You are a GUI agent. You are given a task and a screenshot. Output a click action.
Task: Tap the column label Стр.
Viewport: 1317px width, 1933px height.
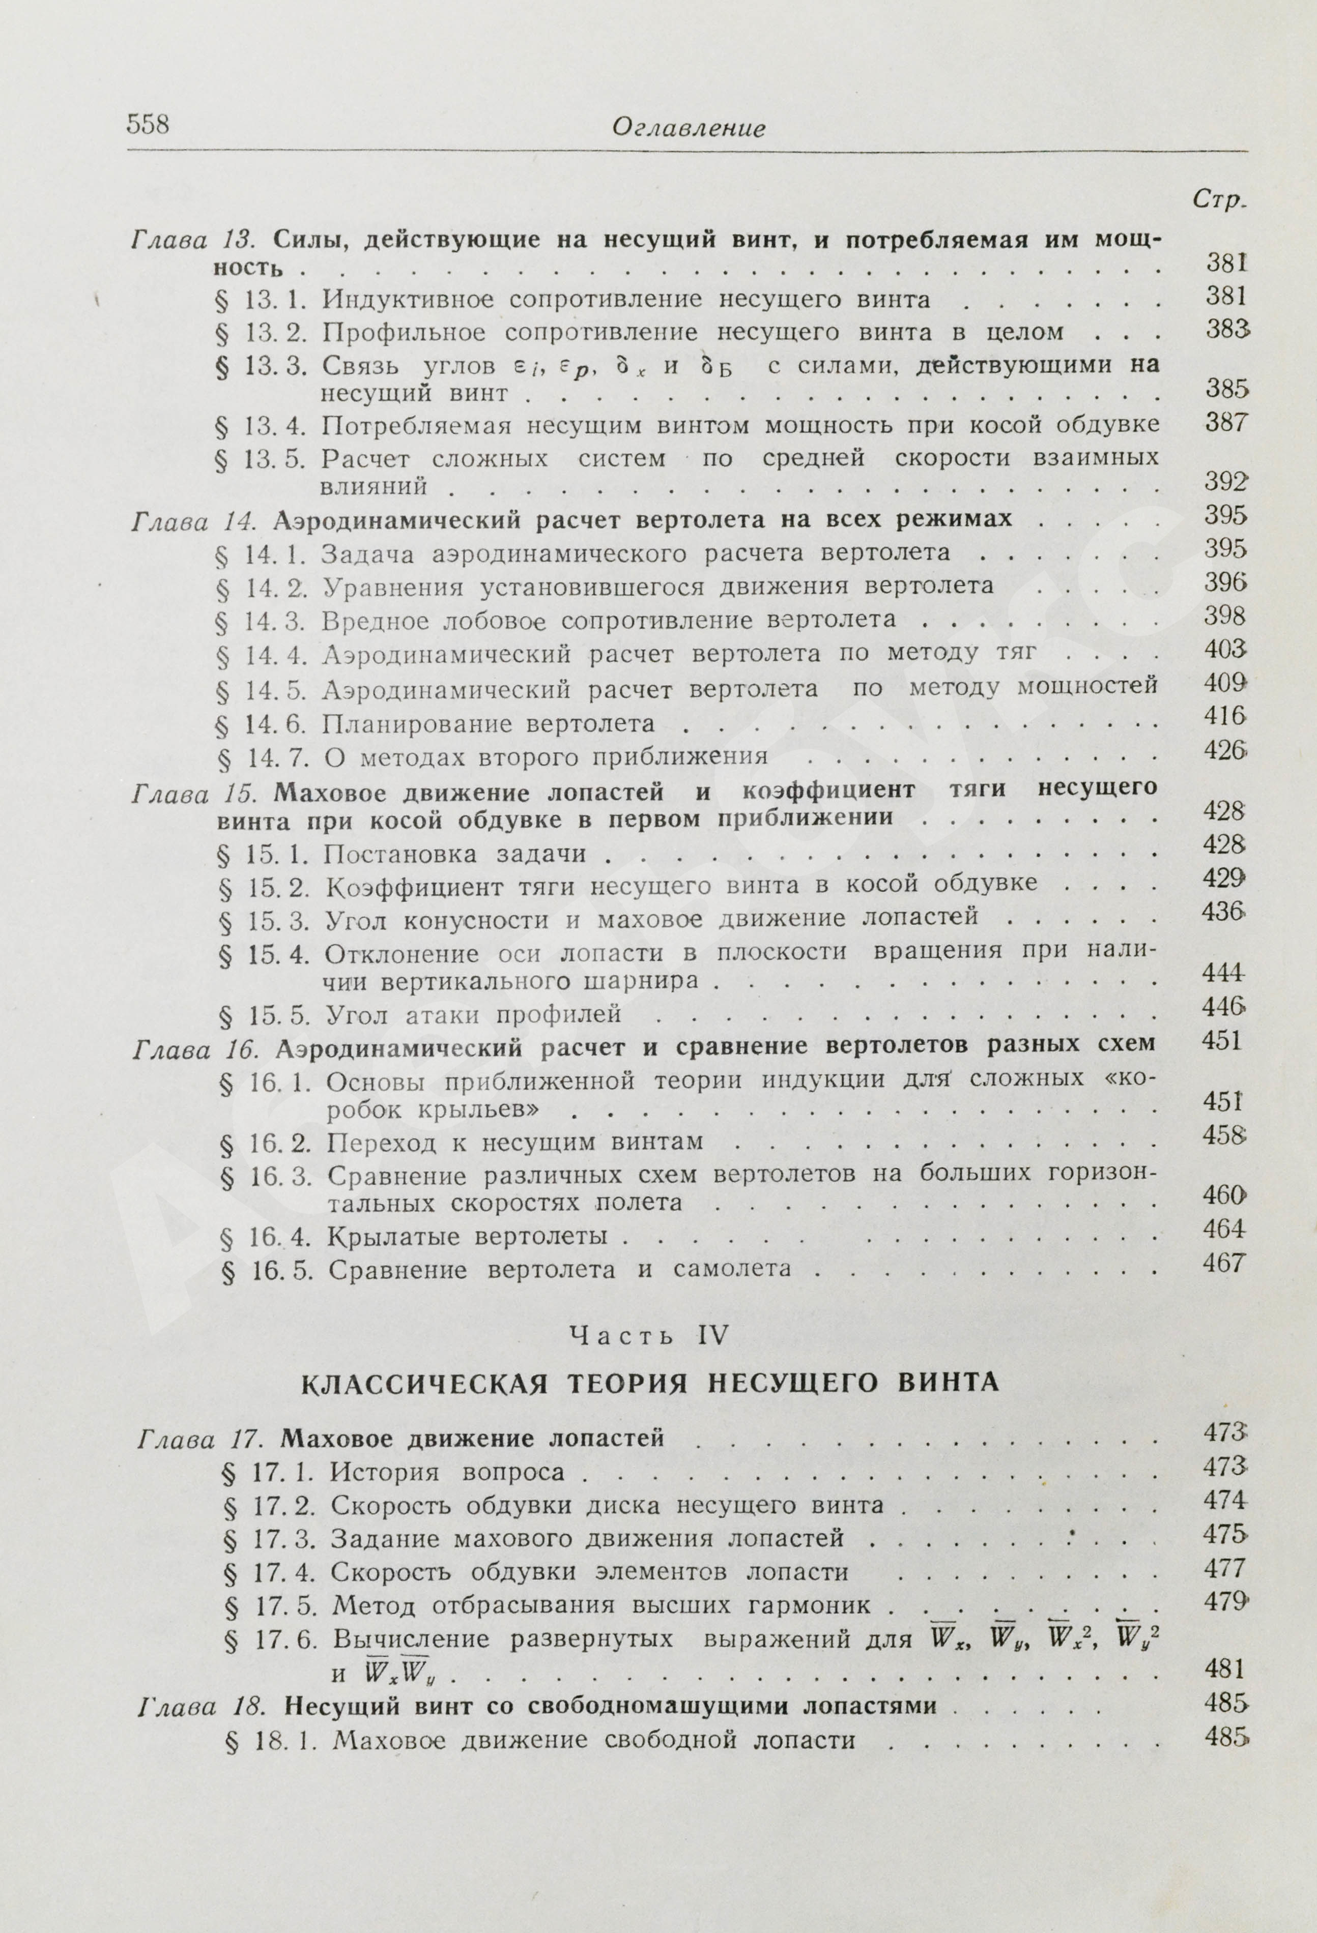coord(1220,199)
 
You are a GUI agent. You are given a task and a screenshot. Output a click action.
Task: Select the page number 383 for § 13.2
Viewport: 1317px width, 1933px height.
coord(1226,330)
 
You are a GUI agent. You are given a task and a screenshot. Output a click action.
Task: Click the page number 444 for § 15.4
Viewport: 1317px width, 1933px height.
coord(1223,972)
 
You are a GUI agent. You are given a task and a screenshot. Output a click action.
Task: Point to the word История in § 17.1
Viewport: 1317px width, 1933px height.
coord(384,1472)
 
